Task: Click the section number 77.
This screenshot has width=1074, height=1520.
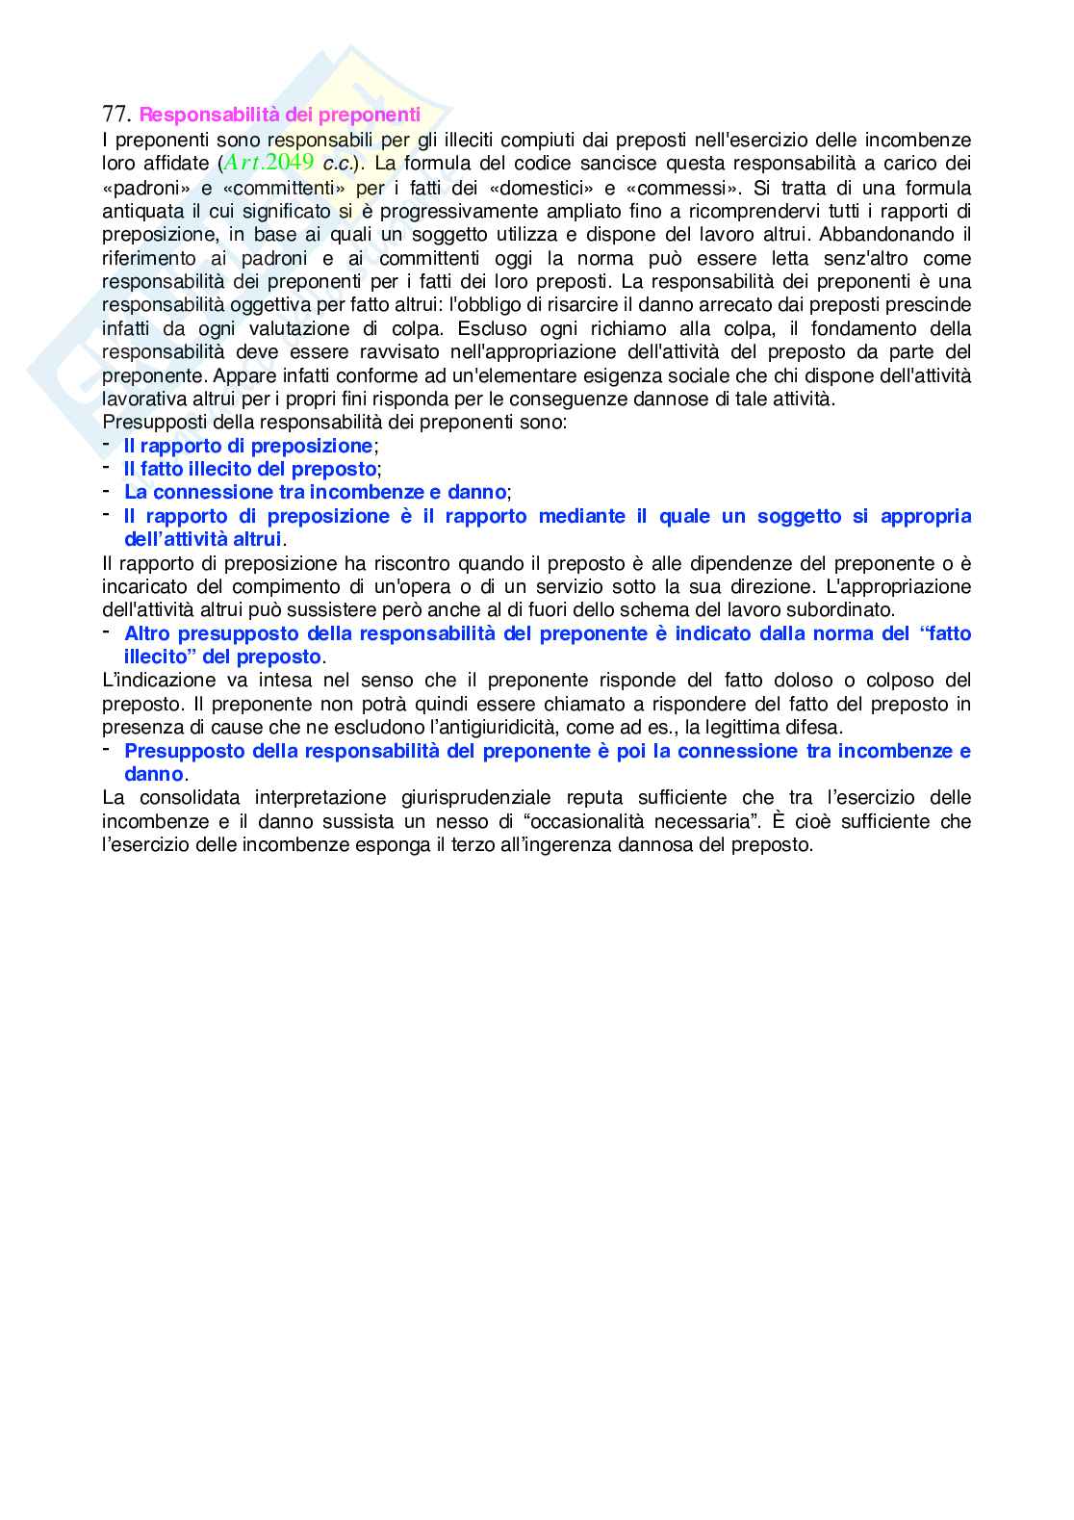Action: pos(115,115)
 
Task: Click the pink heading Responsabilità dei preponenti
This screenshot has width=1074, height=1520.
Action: pos(280,116)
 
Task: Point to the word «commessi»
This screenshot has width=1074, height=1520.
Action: pos(682,188)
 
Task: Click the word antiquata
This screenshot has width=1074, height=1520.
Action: pos(142,211)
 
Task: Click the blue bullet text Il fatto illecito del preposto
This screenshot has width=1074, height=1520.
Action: pos(250,469)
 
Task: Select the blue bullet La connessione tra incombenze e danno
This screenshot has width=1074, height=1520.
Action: pos(315,492)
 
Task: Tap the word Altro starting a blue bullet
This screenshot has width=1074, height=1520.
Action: pos(146,633)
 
